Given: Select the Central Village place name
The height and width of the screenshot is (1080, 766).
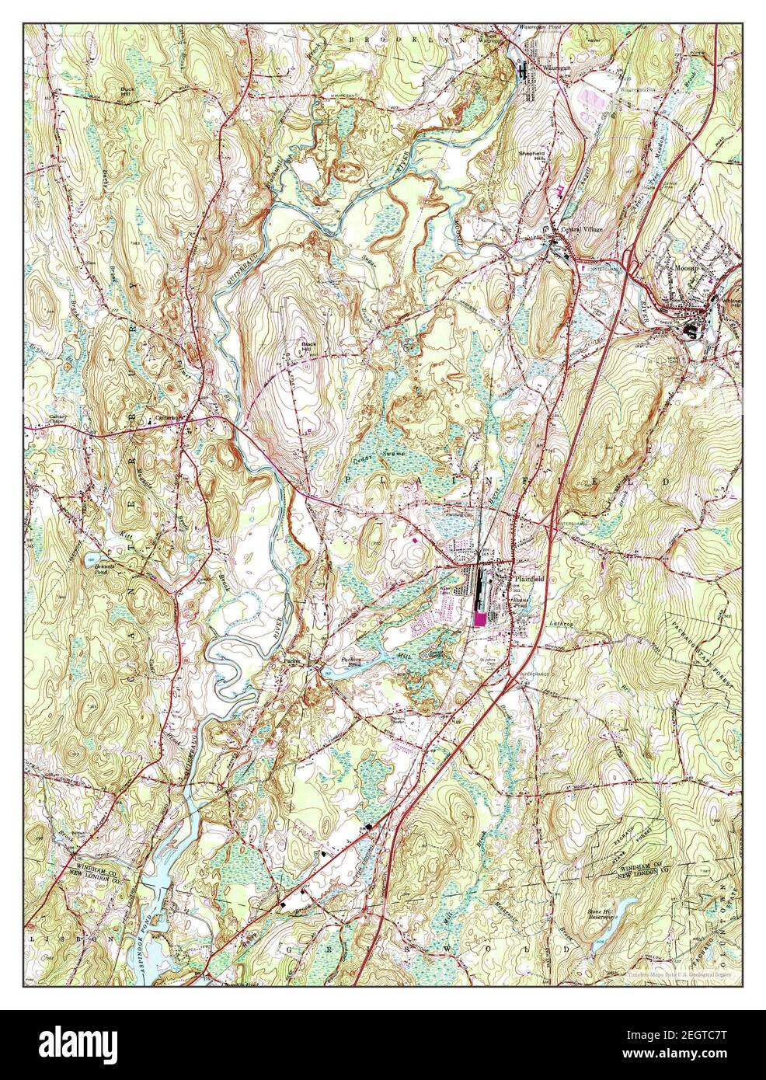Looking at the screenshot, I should [581, 231].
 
